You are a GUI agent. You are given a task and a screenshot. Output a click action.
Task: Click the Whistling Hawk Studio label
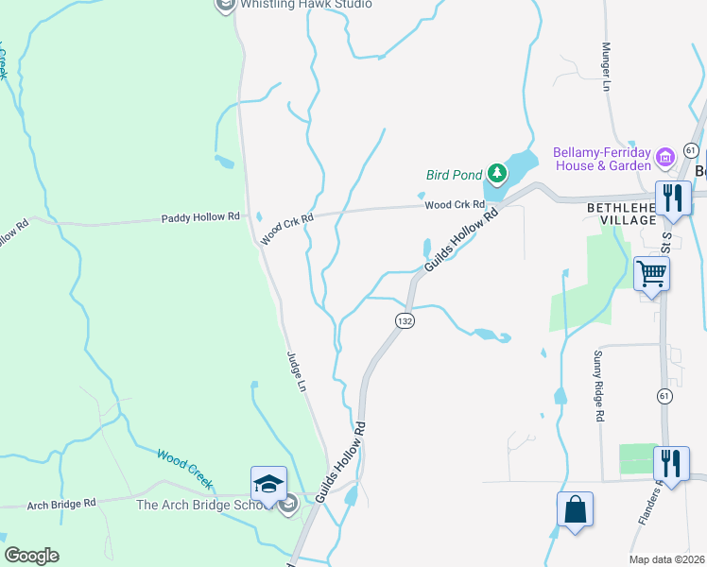(305, 4)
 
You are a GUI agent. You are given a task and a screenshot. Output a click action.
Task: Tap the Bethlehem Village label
(621, 213)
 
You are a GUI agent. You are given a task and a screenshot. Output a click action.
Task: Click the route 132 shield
(405, 321)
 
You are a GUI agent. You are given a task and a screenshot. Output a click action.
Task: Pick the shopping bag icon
(575, 510)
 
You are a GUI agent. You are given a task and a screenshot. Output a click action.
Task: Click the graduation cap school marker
(268, 485)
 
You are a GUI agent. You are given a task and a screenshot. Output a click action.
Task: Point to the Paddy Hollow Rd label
(200, 217)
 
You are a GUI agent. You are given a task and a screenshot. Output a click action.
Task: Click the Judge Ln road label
(297, 372)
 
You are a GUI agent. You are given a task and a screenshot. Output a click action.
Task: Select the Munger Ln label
(608, 66)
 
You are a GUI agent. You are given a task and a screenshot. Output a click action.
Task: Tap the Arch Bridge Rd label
(61, 504)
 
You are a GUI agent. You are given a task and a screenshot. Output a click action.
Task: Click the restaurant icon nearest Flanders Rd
(671, 465)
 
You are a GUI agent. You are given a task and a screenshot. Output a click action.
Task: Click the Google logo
(31, 556)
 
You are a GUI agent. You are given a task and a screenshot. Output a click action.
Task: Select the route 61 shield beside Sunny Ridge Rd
(665, 397)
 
